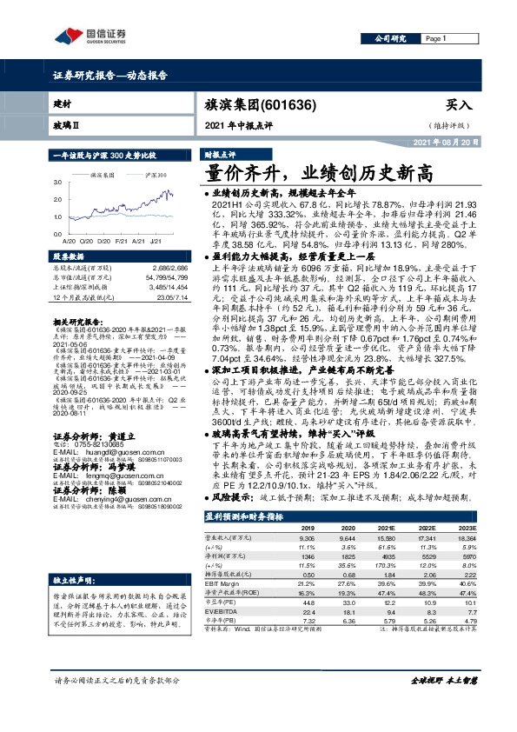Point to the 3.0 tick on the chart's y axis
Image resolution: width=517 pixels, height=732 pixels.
[56, 183]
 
